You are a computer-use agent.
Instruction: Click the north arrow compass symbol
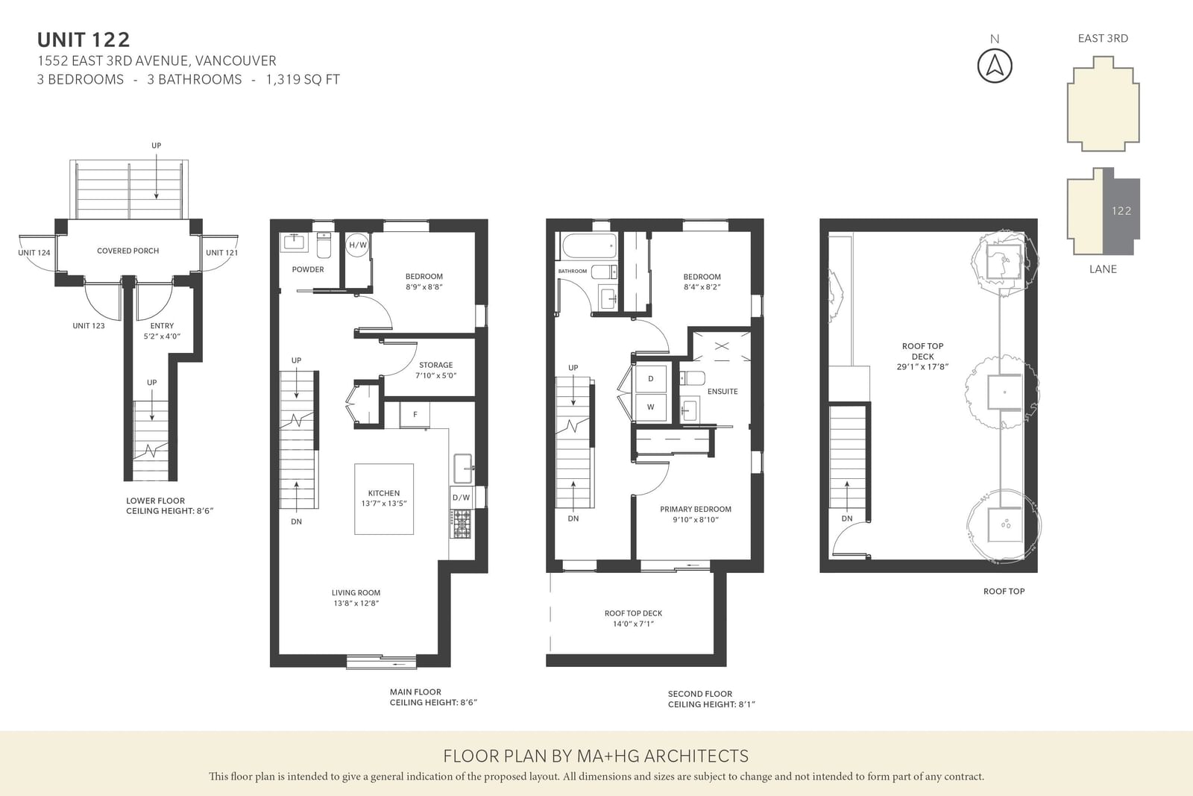[995, 66]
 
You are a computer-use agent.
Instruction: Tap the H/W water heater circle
[357, 245]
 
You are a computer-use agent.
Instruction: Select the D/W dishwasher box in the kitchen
[462, 498]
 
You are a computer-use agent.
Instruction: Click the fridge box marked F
[415, 415]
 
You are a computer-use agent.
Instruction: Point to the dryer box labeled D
[650, 378]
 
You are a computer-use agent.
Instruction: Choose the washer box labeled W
[650, 407]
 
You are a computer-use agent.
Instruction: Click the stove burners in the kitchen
[462, 524]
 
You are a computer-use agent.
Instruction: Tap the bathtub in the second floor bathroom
[589, 246]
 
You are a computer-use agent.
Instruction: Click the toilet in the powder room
[324, 245]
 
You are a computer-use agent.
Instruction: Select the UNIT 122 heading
[84, 40]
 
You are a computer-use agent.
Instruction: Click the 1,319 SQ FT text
[303, 79]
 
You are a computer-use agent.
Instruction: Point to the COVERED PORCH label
[128, 251]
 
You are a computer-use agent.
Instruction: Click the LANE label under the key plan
[1103, 269]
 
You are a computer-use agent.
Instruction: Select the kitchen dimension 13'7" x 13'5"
[384, 504]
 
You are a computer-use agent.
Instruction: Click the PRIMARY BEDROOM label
[696, 509]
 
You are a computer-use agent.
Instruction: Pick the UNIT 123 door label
[89, 325]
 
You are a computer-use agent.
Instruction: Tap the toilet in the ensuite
[693, 378]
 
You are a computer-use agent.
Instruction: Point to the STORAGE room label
[435, 365]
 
